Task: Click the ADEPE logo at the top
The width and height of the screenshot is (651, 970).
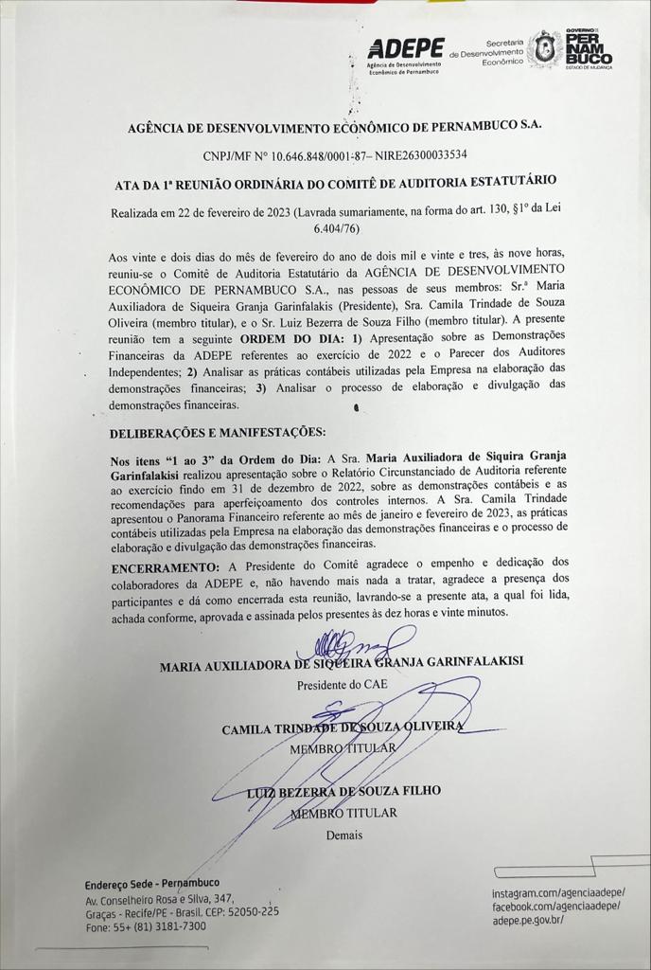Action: [x=405, y=48]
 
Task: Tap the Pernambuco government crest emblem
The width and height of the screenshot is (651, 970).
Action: [x=544, y=49]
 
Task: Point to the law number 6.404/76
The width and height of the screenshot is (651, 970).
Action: [x=337, y=228]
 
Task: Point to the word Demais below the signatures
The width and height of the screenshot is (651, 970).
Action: [x=344, y=835]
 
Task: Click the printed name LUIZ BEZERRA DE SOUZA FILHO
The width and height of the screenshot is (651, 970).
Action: [x=344, y=791]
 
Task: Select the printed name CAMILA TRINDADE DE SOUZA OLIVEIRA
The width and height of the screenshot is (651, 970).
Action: [x=343, y=728]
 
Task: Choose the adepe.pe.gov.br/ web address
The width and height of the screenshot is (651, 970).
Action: [x=528, y=920]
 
